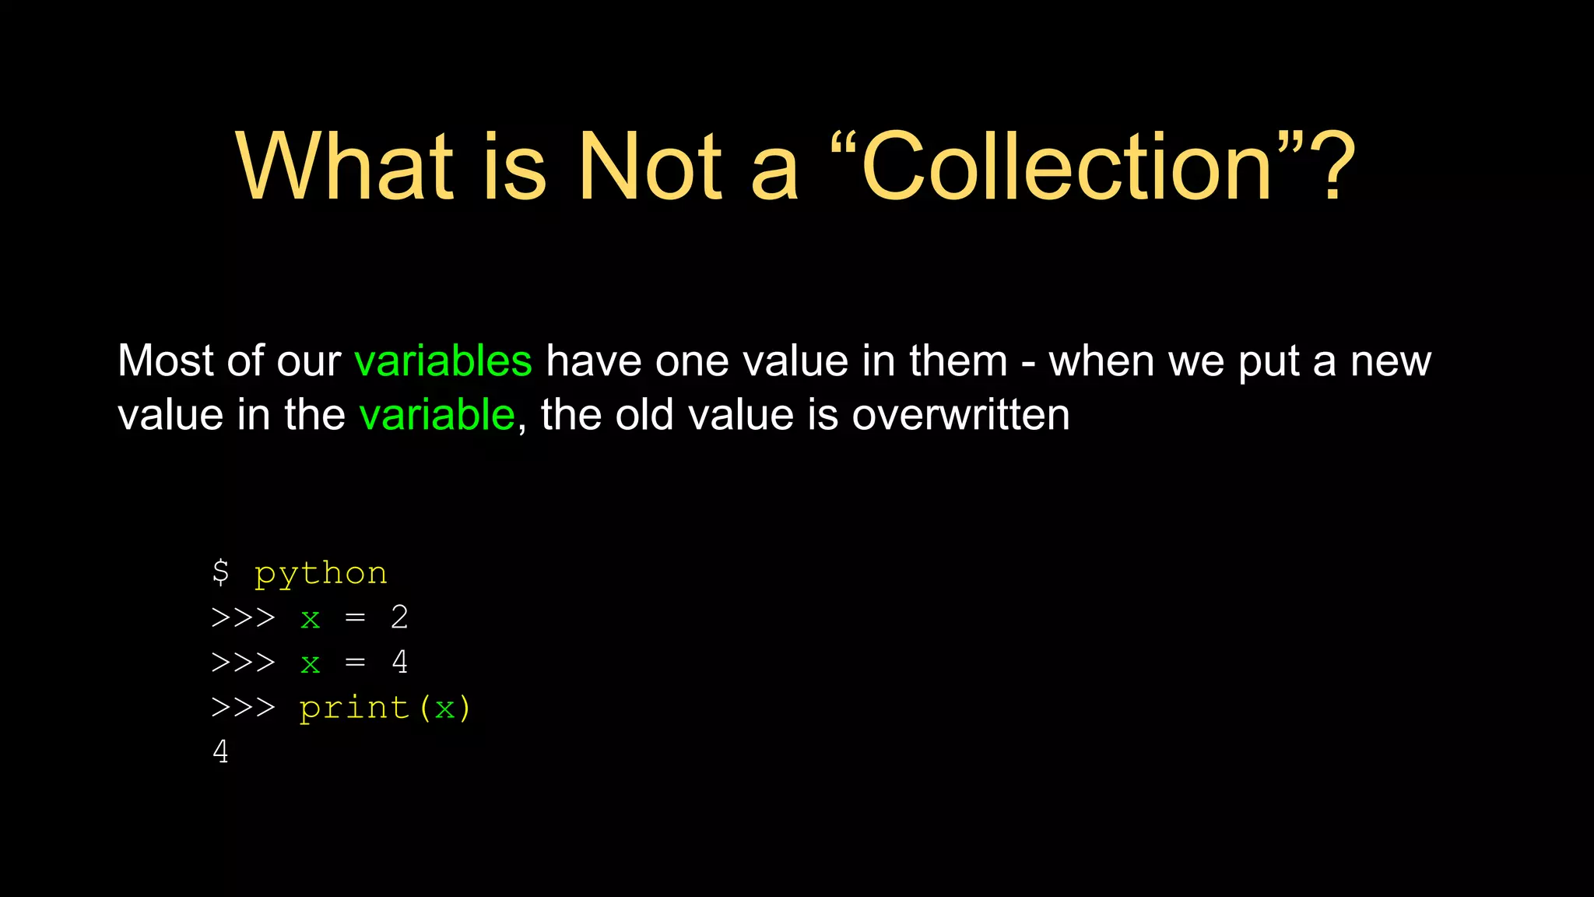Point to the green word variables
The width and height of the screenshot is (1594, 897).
[x=443, y=361]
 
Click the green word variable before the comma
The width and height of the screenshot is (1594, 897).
[x=437, y=415]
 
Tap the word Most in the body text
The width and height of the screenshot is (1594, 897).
[x=165, y=361]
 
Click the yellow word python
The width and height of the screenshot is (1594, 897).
[x=321, y=574]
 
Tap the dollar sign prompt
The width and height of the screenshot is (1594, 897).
[x=220, y=572]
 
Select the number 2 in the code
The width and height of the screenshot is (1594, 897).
[x=399, y=617]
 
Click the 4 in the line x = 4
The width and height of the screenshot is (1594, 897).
[x=399, y=663]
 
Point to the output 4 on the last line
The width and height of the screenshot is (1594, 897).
[x=221, y=752]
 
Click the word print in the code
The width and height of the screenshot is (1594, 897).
[x=354, y=708]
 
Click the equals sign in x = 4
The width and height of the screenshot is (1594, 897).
[x=355, y=663]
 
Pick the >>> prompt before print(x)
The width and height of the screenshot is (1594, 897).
[x=243, y=708]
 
